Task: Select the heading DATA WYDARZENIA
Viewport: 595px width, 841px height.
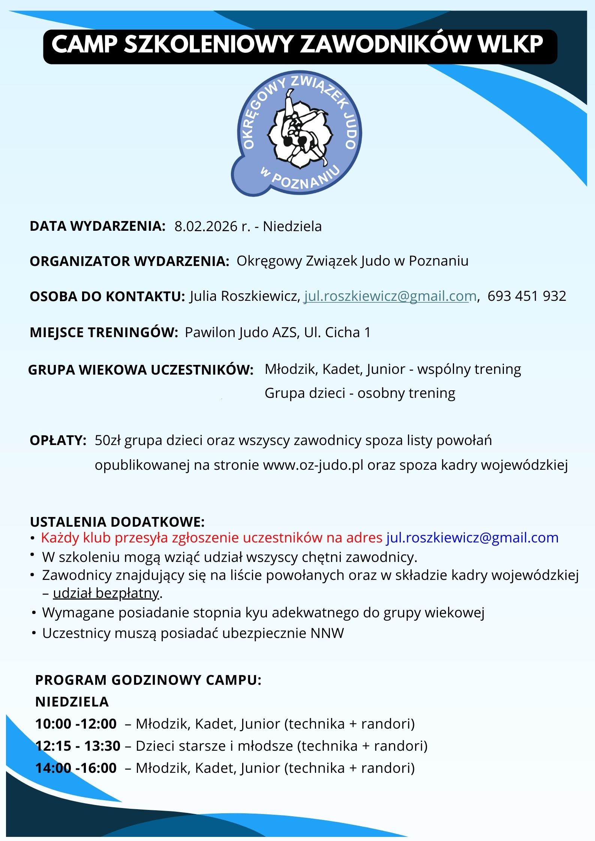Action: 97,226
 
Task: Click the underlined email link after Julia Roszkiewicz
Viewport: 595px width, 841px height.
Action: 390,296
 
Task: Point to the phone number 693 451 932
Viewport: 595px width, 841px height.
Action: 526,296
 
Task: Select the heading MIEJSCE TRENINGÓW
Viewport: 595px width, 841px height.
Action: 103,332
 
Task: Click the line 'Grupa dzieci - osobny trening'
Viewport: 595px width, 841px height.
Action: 360,393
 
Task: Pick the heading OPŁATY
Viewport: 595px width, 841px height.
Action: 58,440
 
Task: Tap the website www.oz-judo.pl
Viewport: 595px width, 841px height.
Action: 313,465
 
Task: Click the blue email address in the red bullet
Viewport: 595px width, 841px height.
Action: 472,538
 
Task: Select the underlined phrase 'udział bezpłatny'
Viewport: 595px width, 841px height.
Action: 106,593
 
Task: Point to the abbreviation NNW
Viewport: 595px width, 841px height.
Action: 327,633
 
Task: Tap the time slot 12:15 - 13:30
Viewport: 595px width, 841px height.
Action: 78,746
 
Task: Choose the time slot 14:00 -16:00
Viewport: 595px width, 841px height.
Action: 76,768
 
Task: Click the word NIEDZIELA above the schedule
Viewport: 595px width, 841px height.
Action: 72,702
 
